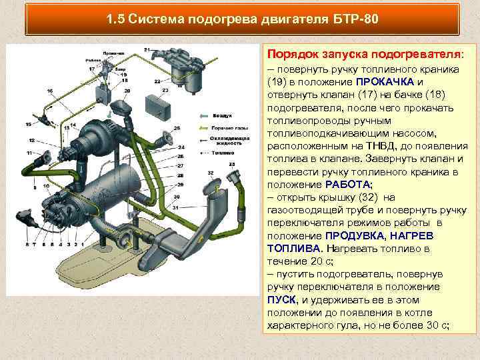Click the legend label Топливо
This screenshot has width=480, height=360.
(224, 153)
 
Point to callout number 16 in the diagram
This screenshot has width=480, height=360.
(50, 90)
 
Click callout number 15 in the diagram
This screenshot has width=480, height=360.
(28, 124)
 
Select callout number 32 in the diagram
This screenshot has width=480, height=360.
(209, 172)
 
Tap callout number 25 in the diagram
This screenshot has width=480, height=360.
(177, 128)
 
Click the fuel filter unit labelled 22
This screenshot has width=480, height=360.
(187, 67)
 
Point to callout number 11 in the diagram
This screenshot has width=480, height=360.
(29, 153)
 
